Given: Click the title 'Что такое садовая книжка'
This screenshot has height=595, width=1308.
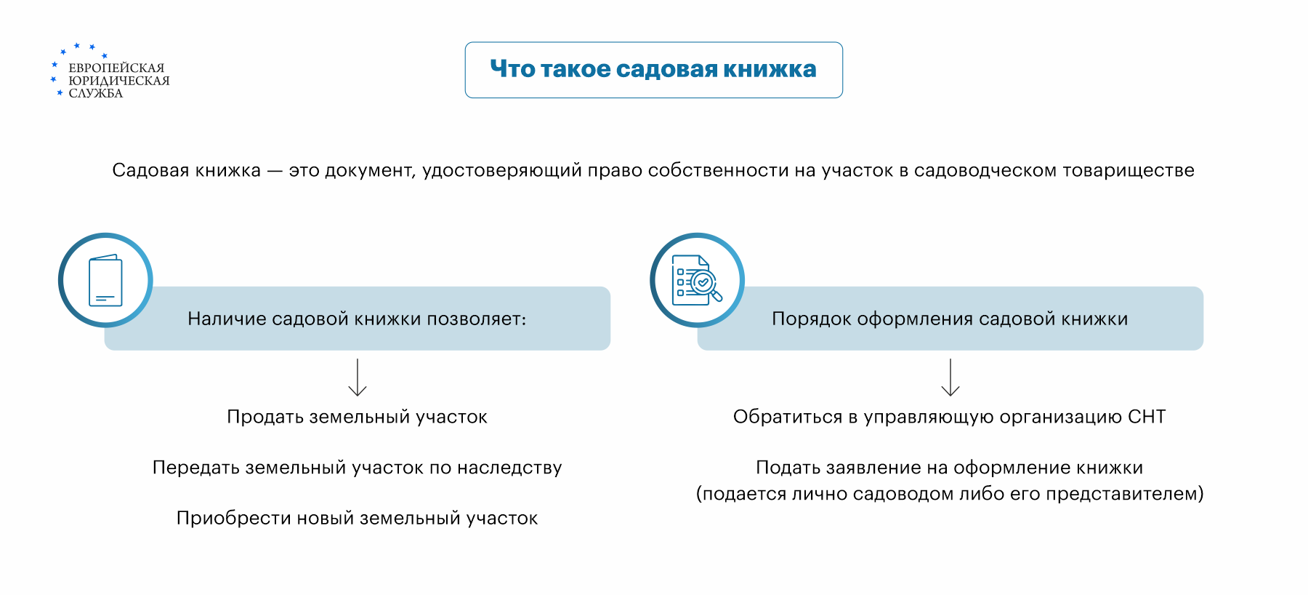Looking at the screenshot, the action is click(653, 69).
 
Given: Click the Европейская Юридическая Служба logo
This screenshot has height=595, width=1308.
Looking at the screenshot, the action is click(110, 71).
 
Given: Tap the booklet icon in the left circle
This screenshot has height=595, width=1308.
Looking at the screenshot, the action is click(105, 280).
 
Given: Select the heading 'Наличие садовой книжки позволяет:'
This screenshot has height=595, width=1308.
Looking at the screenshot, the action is click(357, 319).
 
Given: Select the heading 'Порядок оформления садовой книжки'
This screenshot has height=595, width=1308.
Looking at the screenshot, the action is click(950, 319).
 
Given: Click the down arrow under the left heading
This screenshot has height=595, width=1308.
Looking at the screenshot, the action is click(358, 377).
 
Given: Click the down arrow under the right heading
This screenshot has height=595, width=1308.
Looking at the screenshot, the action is click(950, 377).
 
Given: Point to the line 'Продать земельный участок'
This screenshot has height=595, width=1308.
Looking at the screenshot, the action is click(357, 417).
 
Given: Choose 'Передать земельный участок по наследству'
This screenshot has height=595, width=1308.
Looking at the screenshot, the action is click(357, 468).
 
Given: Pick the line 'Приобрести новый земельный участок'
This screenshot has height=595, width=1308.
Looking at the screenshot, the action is click(357, 518).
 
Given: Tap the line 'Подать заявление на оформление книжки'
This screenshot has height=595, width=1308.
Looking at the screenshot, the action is click(950, 468).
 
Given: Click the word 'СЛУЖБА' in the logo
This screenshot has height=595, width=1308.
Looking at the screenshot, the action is click(96, 93).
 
